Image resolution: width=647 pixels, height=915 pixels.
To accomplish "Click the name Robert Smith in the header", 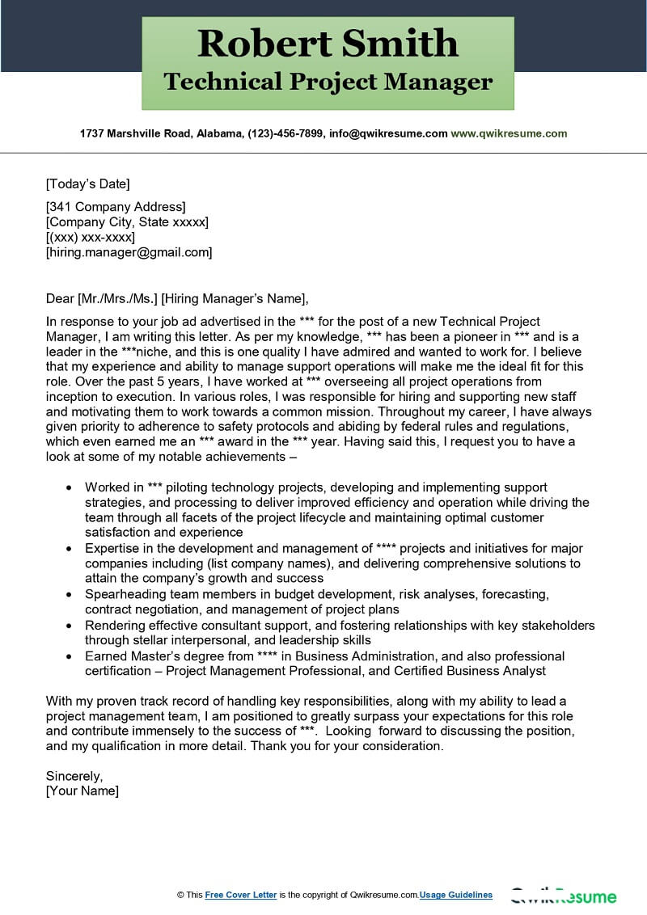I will coord(328,43).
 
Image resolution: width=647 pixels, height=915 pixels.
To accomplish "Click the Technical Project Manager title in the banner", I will coord(328,82).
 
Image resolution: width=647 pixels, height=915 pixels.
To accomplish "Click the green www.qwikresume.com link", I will coord(509,133).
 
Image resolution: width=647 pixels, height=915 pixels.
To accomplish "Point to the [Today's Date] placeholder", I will coord(87,183).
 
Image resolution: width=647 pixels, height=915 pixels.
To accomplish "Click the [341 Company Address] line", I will coord(116,206).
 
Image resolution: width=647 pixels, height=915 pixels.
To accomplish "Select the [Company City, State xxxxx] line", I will coord(127,221).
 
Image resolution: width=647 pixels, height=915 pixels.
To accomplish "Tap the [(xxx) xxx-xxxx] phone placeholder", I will coord(91,237).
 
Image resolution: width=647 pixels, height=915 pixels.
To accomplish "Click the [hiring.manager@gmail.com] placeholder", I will coord(129,252).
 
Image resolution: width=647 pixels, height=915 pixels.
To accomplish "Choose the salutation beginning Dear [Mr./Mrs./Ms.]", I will coord(177,297).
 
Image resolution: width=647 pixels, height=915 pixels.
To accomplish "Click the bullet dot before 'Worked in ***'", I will coord(68,488).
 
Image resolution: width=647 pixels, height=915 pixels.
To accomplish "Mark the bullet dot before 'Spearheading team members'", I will coord(68,594).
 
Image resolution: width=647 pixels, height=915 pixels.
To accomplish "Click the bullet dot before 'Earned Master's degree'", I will coord(68,656).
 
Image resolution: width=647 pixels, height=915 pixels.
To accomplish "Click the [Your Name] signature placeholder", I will coord(82,791).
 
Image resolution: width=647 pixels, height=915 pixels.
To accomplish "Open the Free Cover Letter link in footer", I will coord(241,895).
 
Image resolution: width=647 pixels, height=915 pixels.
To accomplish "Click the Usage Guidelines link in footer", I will coord(455,895).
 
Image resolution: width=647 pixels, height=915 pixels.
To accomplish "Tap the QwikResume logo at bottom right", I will coord(563,896).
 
